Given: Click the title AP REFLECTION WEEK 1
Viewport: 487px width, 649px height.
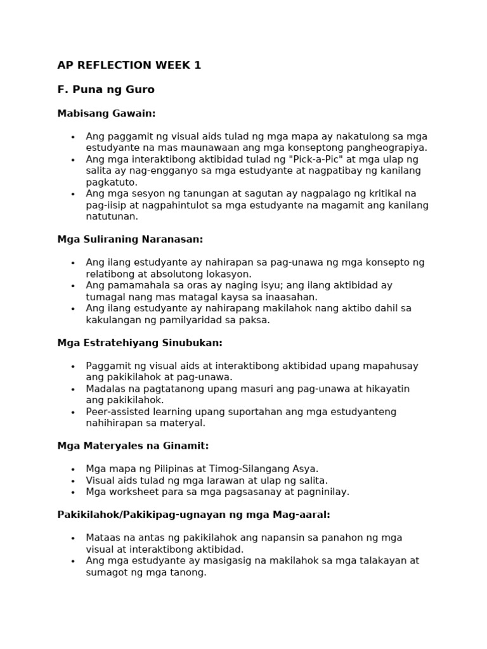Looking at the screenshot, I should click(129, 65).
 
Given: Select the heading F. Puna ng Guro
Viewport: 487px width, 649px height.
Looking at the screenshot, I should click(106, 90).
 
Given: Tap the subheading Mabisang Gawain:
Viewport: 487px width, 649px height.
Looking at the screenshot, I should click(106, 113).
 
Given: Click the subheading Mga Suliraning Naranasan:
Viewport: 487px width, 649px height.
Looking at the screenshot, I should click(130, 240).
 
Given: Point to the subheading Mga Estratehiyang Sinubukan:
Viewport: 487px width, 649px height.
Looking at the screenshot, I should click(140, 343).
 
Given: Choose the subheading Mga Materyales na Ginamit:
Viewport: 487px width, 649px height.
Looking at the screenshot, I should click(133, 446).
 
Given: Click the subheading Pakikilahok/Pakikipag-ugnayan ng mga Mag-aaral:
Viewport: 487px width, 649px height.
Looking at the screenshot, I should click(193, 515).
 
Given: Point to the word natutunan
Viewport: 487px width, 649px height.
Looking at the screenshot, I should click(112, 216).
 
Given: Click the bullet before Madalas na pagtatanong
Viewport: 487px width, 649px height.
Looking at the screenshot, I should click(73, 389).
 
